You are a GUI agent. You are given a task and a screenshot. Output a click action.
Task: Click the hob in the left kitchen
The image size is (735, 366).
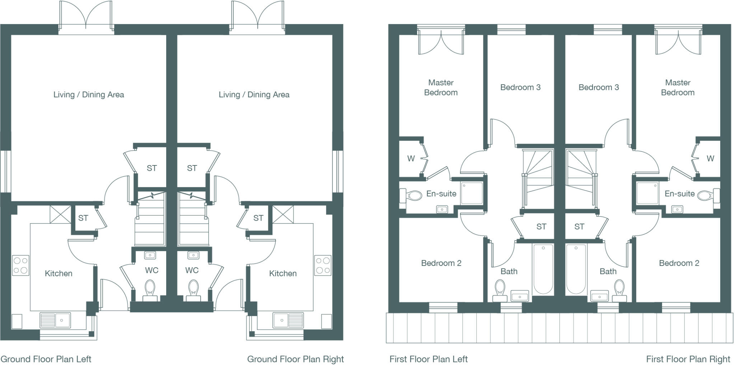click(x=20, y=265)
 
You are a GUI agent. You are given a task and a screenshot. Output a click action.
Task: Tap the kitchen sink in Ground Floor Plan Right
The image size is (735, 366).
click(x=288, y=320)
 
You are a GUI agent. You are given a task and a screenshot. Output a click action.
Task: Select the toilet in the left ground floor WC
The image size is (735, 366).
click(x=150, y=288)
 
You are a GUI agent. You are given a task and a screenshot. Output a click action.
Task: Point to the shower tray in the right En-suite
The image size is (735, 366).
click(x=647, y=193)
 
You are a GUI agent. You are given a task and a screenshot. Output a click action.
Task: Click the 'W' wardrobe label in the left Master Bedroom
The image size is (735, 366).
click(x=411, y=158)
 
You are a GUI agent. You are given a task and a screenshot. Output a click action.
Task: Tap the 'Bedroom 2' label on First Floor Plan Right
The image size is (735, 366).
click(x=679, y=263)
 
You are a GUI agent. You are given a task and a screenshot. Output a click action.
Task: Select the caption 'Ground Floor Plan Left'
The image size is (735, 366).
click(x=46, y=359)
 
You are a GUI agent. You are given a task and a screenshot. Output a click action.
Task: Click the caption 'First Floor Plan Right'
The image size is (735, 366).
click(x=688, y=359)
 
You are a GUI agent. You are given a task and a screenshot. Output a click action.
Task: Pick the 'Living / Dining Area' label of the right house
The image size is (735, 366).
click(x=254, y=94)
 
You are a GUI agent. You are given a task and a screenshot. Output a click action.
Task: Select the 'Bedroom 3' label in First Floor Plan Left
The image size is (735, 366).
click(x=520, y=87)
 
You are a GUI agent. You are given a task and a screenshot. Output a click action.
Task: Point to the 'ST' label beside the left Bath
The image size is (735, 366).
click(x=541, y=226)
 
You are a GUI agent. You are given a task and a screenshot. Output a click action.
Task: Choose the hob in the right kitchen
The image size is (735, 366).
click(x=323, y=265)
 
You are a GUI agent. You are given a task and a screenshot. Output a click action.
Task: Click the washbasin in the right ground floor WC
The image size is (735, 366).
click(x=193, y=255)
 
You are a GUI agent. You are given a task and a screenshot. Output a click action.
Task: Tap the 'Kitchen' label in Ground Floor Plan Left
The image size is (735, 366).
click(x=58, y=273)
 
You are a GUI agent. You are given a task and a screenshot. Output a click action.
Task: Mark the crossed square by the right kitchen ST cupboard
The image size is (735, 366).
click(x=283, y=214)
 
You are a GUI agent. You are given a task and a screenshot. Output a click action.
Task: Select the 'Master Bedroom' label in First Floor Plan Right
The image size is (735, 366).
click(x=678, y=88)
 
